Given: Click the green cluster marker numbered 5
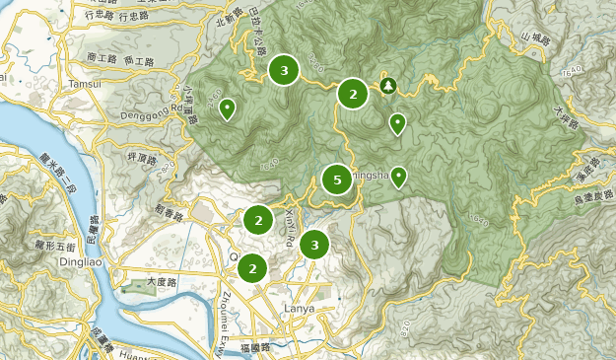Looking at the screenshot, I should coord(337,180).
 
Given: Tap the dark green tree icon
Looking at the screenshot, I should coord(388,86).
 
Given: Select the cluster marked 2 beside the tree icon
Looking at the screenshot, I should coord(353,94).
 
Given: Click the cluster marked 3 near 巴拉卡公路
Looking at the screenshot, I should coord(284,70).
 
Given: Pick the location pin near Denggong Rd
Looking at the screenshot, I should coord(227,108).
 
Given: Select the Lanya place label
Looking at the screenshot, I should coord(299,309).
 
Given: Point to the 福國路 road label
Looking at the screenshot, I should coord(254,348).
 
